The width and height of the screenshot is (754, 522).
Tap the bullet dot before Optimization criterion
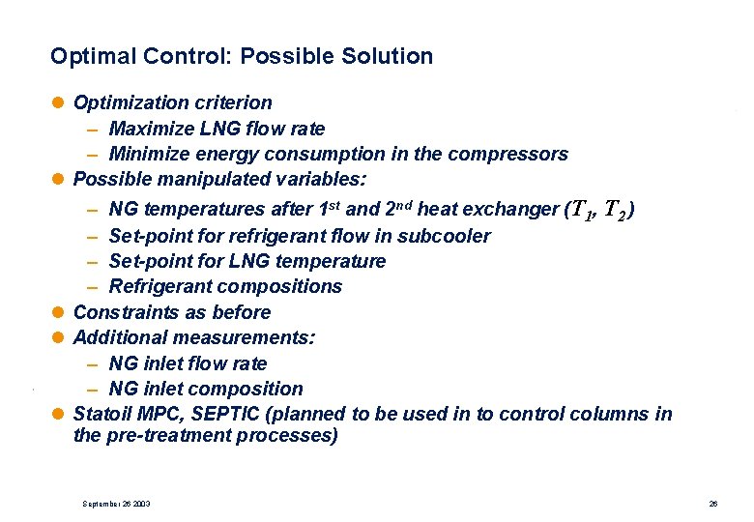61,102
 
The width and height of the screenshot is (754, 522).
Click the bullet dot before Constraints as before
61,312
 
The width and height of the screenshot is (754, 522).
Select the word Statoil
101,415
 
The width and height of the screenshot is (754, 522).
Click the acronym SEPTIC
219,415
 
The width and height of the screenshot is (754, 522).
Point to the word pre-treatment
169,435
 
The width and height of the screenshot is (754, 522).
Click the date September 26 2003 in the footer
116,505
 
